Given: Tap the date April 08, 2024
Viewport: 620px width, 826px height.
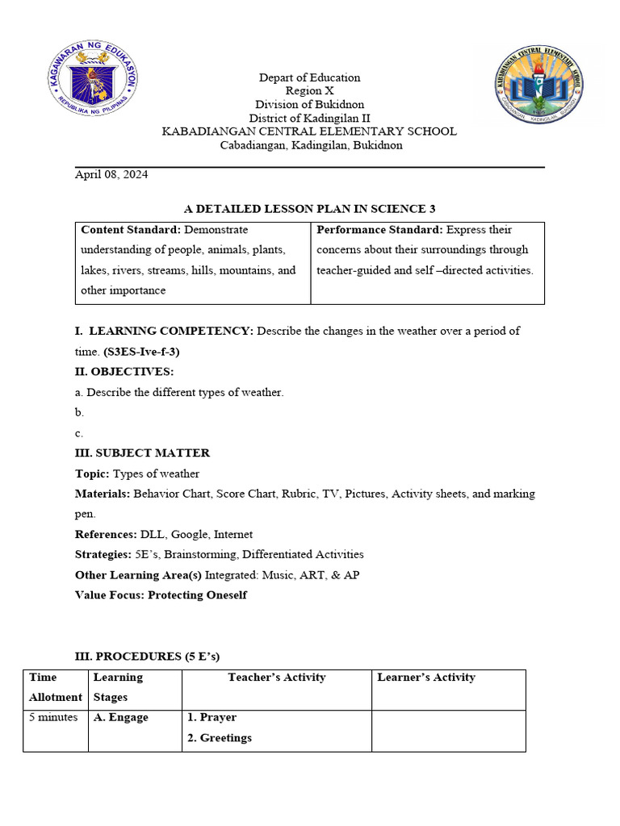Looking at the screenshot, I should (x=111, y=174).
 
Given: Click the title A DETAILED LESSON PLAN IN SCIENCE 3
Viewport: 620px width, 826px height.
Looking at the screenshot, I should (x=309, y=209).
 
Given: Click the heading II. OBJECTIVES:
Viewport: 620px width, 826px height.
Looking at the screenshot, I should (x=124, y=372).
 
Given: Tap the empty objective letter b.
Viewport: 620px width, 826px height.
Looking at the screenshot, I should (x=79, y=412).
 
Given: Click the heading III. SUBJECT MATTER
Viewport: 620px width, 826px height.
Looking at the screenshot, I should (x=142, y=453).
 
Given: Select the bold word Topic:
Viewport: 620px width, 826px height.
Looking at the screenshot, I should (x=92, y=473).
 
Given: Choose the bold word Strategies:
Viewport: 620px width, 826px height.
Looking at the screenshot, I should (x=103, y=554).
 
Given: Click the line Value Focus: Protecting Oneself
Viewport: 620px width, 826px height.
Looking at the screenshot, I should (x=161, y=595).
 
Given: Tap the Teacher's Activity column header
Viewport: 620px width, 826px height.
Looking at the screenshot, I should (x=276, y=678).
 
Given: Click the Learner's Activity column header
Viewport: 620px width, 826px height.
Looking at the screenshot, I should (x=426, y=678).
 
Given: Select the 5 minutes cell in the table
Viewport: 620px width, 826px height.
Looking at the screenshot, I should (x=53, y=717).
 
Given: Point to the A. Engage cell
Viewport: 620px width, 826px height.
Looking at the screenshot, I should (x=121, y=717).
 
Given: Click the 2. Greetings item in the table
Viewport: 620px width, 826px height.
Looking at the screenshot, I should (x=219, y=738).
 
